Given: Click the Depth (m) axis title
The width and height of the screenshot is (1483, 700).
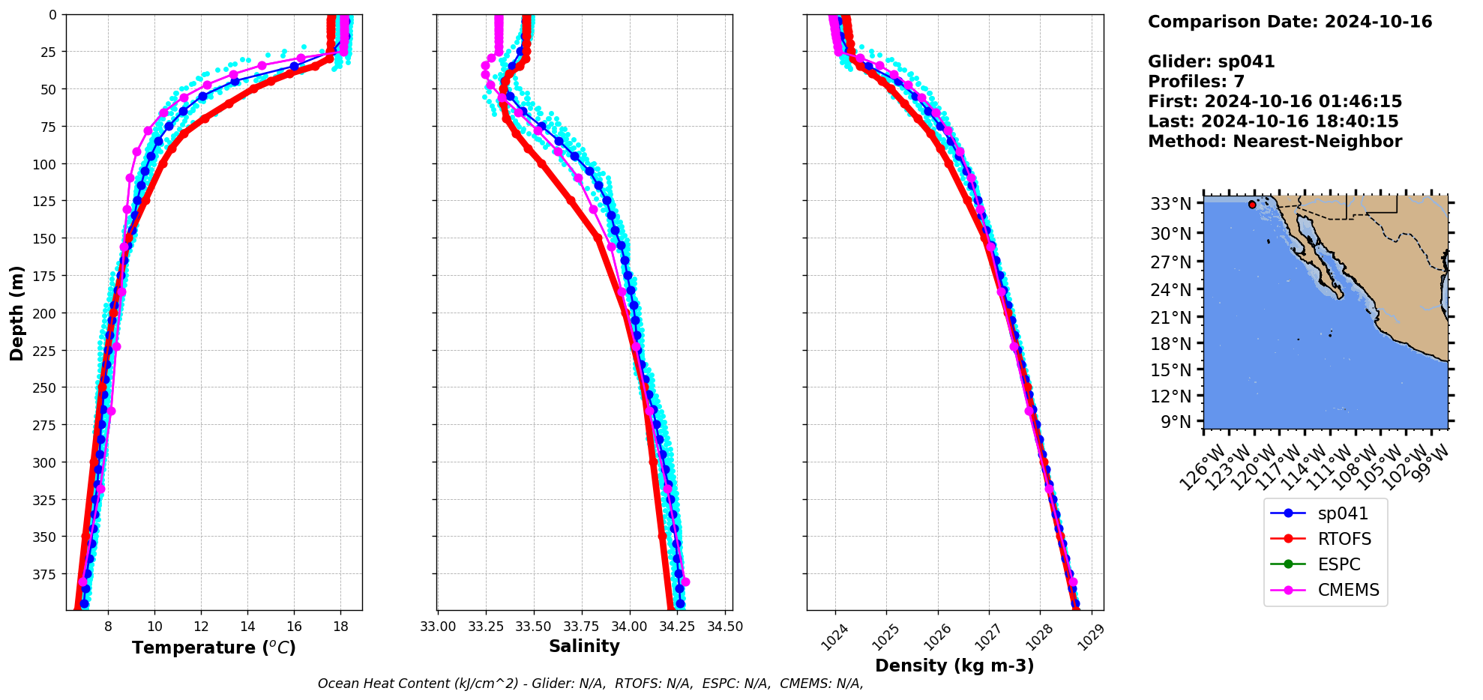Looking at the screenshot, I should pyautogui.click(x=16, y=313).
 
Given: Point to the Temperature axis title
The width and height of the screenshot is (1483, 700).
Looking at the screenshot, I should pyautogui.click(x=214, y=648).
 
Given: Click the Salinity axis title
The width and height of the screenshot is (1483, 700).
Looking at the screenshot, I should pyautogui.click(x=584, y=646).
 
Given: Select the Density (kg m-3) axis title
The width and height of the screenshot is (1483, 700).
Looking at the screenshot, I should pyautogui.click(x=954, y=666).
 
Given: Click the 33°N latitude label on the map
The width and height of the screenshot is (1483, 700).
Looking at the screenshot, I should pyautogui.click(x=1171, y=204).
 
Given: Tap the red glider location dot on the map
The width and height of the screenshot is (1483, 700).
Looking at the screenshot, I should pyautogui.click(x=1252, y=205).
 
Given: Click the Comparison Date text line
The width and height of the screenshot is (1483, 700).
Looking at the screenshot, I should pyautogui.click(x=1290, y=22).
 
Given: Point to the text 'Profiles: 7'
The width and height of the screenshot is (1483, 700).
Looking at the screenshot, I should pyautogui.click(x=1196, y=82).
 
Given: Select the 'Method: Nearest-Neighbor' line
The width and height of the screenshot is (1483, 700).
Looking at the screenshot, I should pyautogui.click(x=1275, y=142).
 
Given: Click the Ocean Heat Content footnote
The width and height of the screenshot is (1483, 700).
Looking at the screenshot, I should pyautogui.click(x=590, y=684).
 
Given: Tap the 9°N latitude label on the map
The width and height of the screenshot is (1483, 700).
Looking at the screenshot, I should pyautogui.click(x=1176, y=422).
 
